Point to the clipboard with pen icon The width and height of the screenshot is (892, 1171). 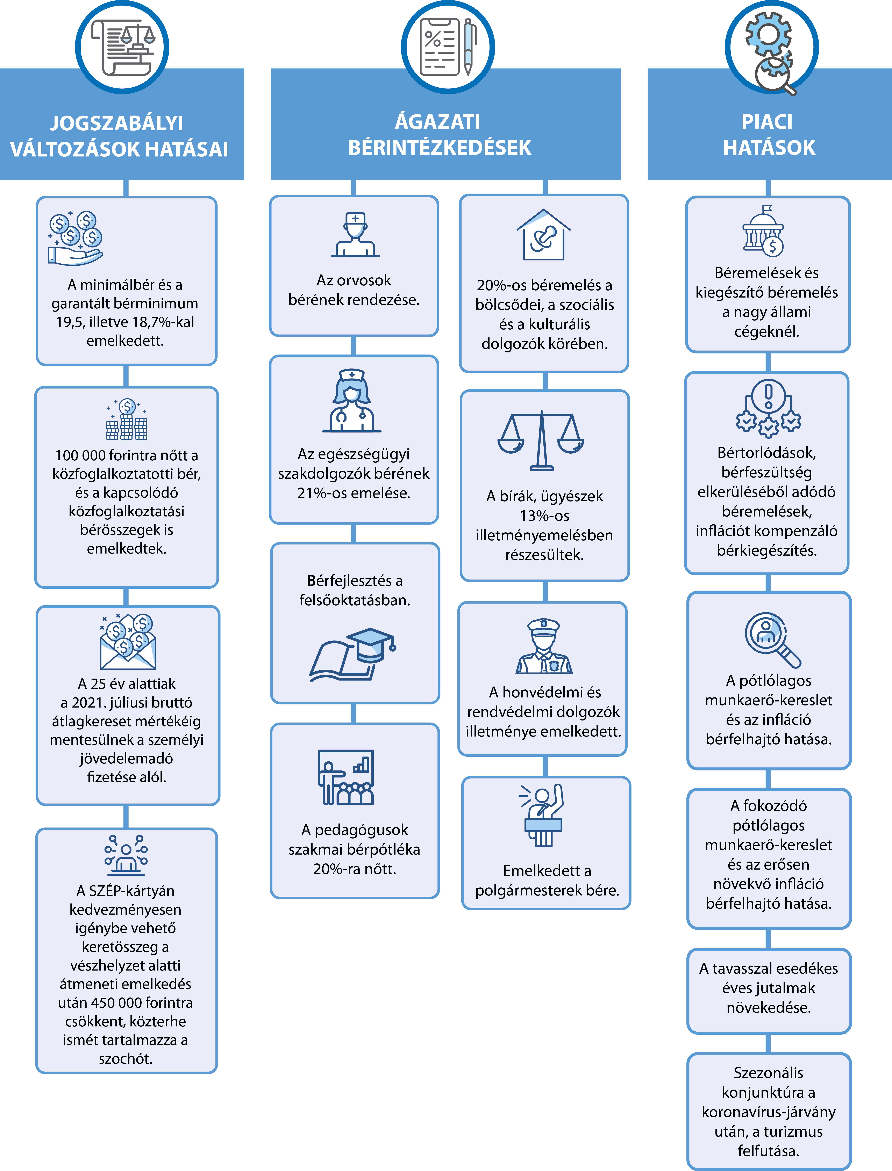[446, 47]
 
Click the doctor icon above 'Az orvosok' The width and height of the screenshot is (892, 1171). [355, 235]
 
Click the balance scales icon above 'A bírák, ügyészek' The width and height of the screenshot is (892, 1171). [541, 440]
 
